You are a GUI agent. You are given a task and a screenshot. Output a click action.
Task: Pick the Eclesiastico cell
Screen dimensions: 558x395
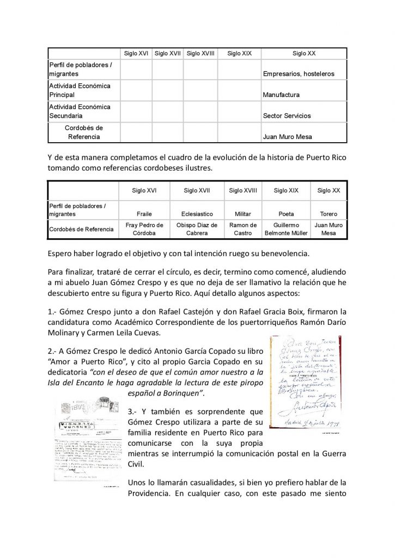(197, 214)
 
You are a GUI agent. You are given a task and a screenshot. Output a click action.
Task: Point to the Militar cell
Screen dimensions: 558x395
(244, 214)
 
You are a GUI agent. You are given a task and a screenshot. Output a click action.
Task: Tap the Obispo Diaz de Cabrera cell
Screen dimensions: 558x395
(197, 229)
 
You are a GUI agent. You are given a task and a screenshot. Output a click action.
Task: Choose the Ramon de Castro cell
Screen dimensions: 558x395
(244, 229)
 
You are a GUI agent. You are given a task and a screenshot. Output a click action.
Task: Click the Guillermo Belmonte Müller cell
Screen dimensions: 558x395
(286, 229)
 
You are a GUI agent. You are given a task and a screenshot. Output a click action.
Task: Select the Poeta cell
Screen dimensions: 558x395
(286, 214)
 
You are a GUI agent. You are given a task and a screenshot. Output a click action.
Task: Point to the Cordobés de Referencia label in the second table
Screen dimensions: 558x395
(82, 229)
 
